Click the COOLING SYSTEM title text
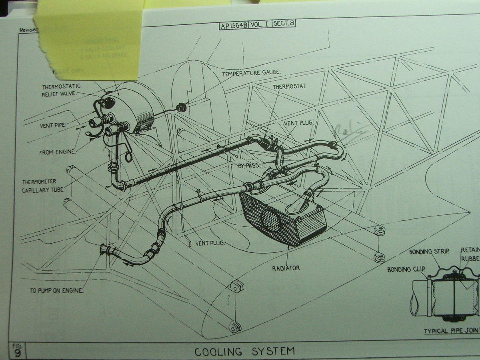[x=244, y=352]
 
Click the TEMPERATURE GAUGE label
[x=251, y=73]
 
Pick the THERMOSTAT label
[x=290, y=86]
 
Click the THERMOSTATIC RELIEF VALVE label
[x=61, y=90]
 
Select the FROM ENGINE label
[x=57, y=152]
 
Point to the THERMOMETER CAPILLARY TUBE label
[x=42, y=186]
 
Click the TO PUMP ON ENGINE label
[x=56, y=291]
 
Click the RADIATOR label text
[x=286, y=268]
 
